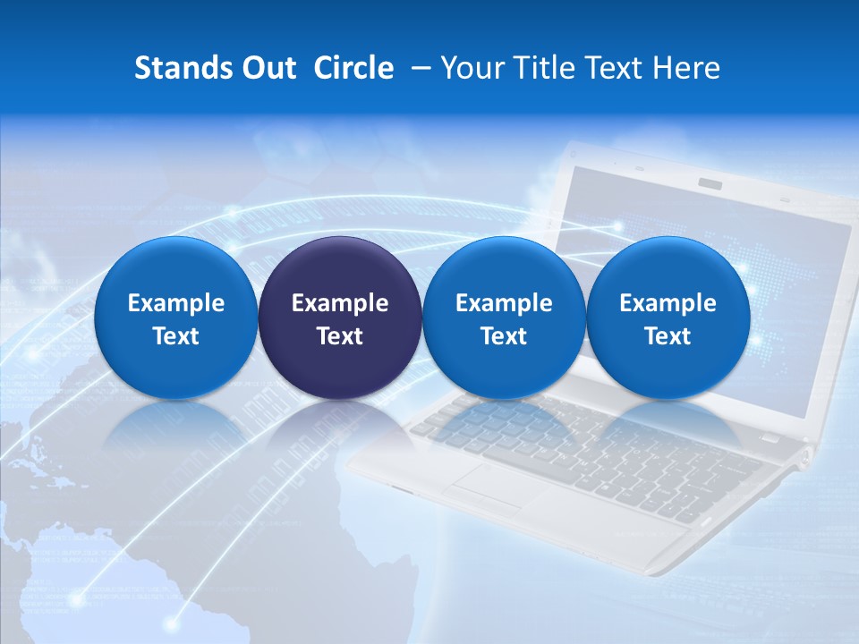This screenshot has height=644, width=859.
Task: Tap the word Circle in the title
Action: click(x=353, y=68)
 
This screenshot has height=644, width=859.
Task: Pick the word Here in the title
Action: click(x=686, y=68)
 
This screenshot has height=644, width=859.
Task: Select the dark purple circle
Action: click(x=340, y=318)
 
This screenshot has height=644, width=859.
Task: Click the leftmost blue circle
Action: click(x=175, y=318)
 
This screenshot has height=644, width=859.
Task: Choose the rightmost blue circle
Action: click(x=668, y=318)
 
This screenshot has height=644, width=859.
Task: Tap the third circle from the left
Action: click(x=504, y=318)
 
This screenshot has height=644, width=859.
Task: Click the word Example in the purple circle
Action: click(x=340, y=303)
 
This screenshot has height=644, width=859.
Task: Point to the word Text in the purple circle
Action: click(x=340, y=336)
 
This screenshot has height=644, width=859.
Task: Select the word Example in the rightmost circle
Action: click(x=668, y=303)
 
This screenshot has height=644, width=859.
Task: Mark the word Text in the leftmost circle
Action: click(x=175, y=336)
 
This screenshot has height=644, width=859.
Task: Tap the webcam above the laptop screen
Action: click(x=710, y=183)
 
